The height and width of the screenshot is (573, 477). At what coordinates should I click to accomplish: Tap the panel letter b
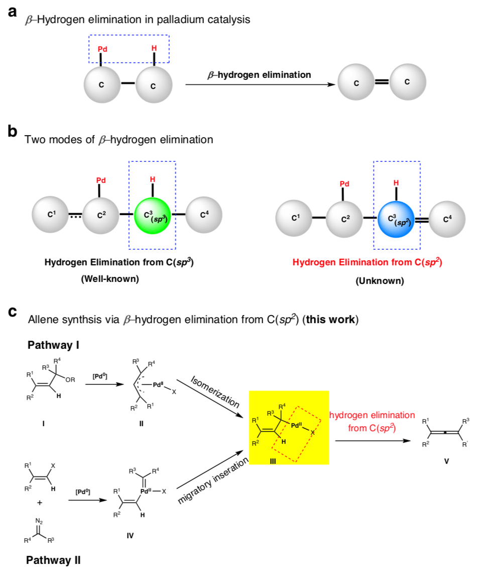point(14,132)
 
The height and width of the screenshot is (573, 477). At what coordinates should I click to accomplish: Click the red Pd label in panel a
point(102,49)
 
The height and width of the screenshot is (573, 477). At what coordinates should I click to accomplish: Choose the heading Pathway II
point(53,559)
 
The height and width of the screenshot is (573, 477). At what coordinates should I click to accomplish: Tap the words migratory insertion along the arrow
point(213,481)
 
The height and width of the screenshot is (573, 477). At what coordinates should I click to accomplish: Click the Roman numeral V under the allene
point(446,460)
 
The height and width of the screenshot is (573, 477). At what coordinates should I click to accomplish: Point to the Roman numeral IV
point(130,535)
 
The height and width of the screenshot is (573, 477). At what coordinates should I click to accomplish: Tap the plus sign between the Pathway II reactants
point(39,502)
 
